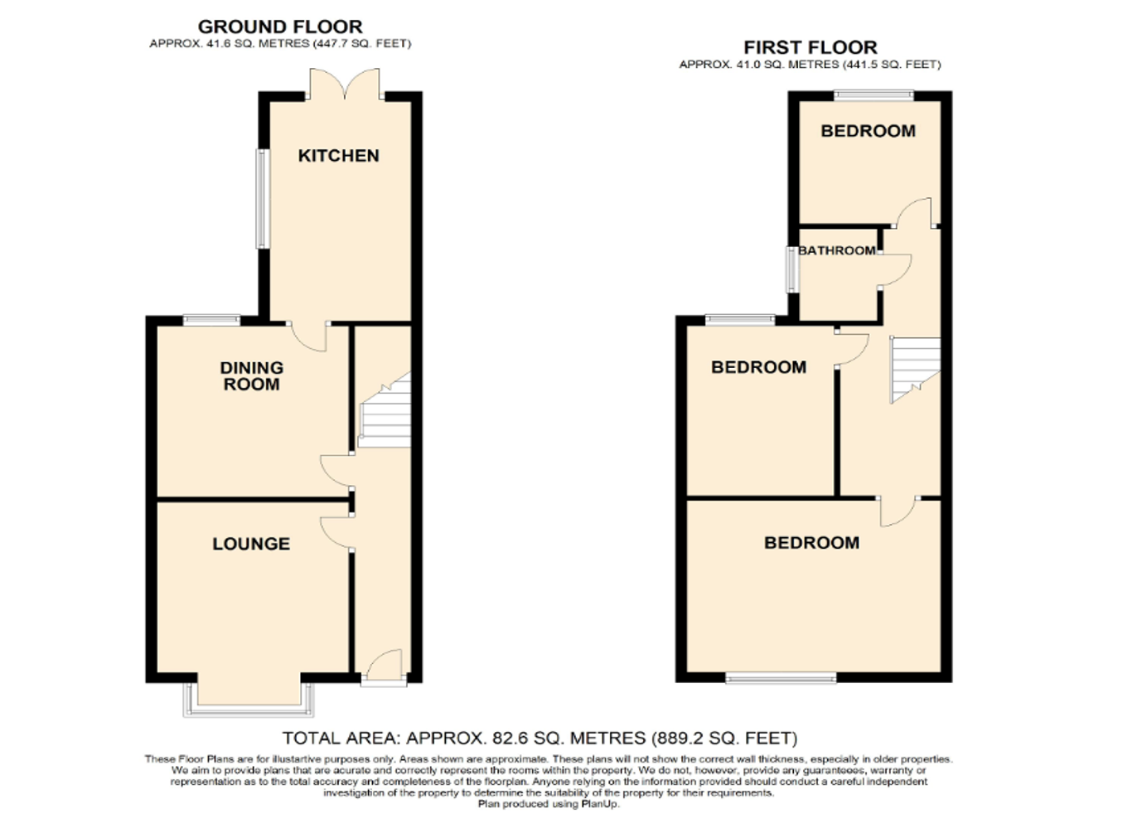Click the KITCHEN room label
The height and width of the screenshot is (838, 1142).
click(x=338, y=156)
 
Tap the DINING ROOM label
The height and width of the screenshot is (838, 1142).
click(x=251, y=375)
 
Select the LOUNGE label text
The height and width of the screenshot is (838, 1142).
click(x=251, y=544)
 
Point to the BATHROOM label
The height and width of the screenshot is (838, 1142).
click(x=836, y=250)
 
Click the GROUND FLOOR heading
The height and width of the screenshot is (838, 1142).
click(x=280, y=27)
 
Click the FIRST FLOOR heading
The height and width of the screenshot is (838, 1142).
click(x=810, y=47)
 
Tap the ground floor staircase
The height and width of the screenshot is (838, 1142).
click(x=385, y=412)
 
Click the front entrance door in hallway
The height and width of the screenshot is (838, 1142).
click(x=384, y=668)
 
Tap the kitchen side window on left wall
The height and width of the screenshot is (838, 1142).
click(x=262, y=199)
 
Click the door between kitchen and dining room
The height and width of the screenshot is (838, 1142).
click(x=309, y=335)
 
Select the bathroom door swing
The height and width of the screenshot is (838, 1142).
click(x=895, y=271)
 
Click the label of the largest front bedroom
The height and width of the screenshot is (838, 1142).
click(x=811, y=543)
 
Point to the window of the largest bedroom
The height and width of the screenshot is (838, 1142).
click(x=781, y=679)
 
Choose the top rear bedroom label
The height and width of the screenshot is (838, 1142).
click(x=868, y=131)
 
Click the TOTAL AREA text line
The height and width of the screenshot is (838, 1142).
click(x=540, y=738)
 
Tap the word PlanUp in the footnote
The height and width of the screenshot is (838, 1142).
click(x=599, y=804)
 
